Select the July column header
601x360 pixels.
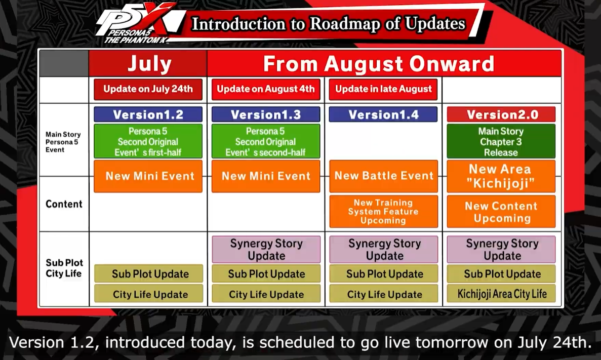point(148,64)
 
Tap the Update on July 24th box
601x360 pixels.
point(148,89)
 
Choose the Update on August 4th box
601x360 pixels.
point(266,89)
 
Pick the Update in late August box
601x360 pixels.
point(383,89)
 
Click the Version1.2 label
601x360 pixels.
point(148,114)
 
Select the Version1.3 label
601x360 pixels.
point(266,114)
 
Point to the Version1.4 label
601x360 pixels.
point(383,114)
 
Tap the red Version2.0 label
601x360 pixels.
point(501,114)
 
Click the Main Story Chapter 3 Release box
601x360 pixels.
point(501,141)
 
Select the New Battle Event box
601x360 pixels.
point(383,176)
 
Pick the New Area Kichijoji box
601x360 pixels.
point(501,176)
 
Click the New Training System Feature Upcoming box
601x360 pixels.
point(383,212)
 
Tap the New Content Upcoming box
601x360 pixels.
point(501,212)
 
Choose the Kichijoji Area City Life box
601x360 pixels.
point(501,294)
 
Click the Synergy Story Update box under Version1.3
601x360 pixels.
point(266,250)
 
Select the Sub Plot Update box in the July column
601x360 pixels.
point(149,274)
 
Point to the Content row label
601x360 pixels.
point(64,204)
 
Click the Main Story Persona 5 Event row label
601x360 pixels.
point(63,142)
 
